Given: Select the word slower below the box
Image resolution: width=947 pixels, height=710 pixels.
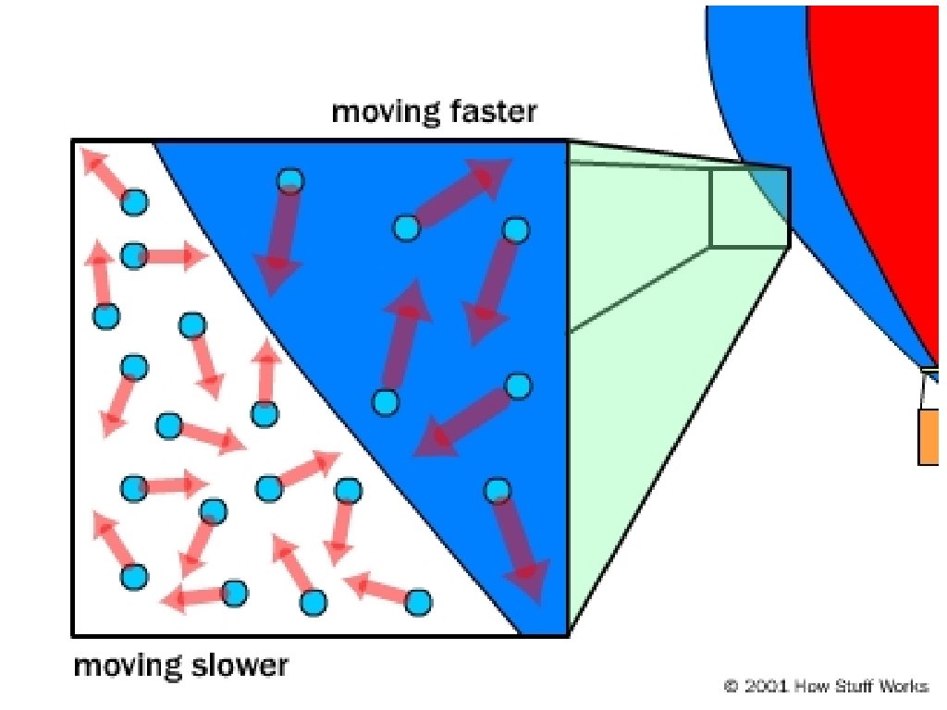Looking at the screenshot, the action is pos(241,666).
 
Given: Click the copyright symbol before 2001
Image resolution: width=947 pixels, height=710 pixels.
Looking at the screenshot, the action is pos(731,686).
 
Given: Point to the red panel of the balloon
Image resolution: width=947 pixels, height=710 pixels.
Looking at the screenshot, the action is pos(888,139).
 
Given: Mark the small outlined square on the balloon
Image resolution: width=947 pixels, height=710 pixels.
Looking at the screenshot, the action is pos(750,208).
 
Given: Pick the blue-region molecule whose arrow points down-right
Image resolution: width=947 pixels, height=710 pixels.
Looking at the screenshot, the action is pos(498,489).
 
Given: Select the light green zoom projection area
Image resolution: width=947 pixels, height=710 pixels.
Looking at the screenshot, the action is pos(647,370).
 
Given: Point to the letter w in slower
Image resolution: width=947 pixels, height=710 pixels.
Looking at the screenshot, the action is pos(248,667).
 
